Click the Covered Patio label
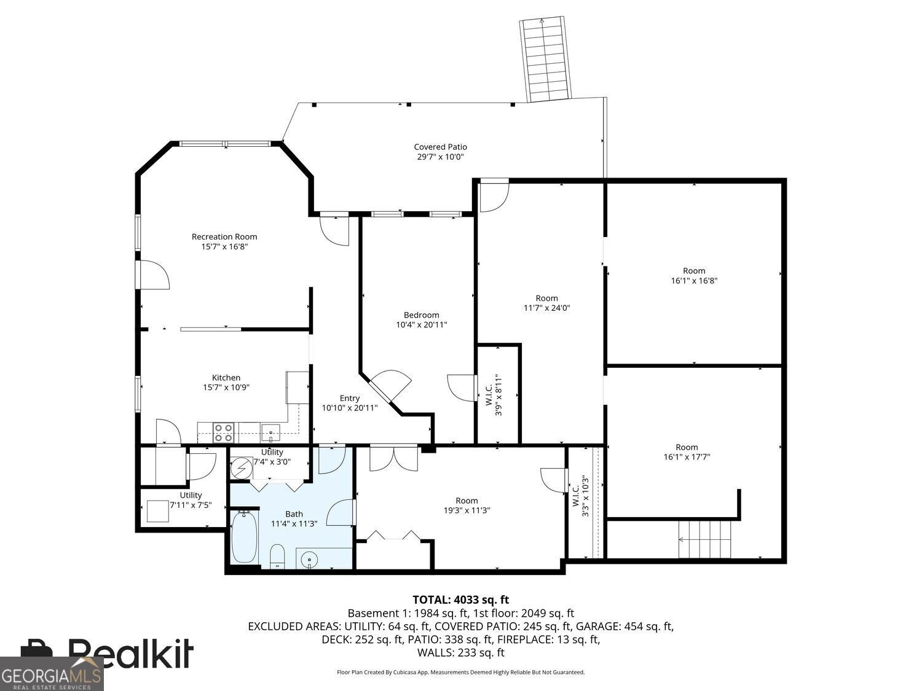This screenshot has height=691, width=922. (440, 147)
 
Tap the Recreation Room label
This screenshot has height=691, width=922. (224, 236)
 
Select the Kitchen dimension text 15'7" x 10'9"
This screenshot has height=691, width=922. (226, 388)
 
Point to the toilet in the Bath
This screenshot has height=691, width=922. (277, 556)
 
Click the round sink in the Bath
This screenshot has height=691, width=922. (309, 560)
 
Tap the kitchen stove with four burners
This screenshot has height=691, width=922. (224, 432)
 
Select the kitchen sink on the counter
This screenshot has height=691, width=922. (270, 432)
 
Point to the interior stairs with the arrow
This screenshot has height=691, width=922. (705, 539)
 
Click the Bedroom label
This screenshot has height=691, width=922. (421, 315)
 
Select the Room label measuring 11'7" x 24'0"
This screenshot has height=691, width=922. (546, 299)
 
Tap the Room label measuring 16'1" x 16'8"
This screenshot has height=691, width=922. (694, 271)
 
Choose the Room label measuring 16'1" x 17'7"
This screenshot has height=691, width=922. (687, 447)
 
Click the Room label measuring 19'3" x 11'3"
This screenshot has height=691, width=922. (467, 501)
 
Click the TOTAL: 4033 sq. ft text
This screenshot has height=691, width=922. (460, 599)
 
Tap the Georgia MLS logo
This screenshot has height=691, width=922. (52, 674)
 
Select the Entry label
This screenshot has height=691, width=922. (350, 398)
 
